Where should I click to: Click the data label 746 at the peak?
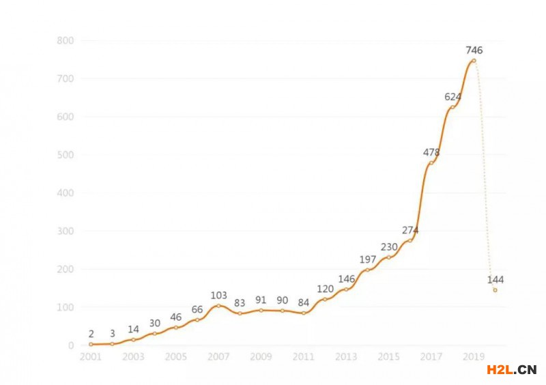[x=474, y=50]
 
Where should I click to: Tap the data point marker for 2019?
[x=474, y=61]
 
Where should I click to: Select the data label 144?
[x=495, y=280]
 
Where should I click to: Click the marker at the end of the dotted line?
[x=495, y=290]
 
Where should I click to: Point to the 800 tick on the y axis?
[x=65, y=40]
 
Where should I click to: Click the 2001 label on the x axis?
[x=91, y=356]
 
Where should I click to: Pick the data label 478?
[x=431, y=152]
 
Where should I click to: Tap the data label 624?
[x=452, y=96]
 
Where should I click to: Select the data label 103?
[x=218, y=295]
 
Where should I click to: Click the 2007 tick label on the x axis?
[x=218, y=356]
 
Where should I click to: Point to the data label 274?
[x=410, y=230]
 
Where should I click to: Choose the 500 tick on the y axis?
[x=65, y=155]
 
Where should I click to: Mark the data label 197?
[x=368, y=259]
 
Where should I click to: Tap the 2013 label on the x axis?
[x=346, y=356]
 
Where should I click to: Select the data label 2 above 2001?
[x=91, y=334]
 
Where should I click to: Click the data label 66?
[x=197, y=309]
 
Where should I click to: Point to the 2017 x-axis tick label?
[x=431, y=356]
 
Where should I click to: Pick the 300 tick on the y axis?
[x=65, y=231]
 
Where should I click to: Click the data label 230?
[x=389, y=247]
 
